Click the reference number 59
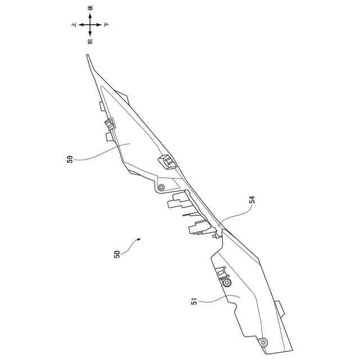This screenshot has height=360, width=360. tap(70, 160)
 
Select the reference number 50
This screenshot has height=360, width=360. tap(116, 254)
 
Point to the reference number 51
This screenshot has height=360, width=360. tap(195, 302)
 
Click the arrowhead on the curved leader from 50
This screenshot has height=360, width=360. tap(137, 240)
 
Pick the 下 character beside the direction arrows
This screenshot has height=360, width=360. tap(107, 25)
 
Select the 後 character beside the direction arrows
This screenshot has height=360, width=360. tap(91, 8)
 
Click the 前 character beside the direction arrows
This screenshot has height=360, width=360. tap(91, 42)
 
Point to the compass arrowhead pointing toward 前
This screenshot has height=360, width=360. tap(91, 35)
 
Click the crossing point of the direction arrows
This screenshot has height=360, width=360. tap(91, 25)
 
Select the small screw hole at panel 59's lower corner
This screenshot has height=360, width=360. tap(161, 187)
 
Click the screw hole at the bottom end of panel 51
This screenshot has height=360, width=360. tap(262, 341)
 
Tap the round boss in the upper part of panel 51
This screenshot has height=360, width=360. tap(227, 283)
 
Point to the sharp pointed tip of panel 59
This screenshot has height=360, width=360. tap(88, 56)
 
